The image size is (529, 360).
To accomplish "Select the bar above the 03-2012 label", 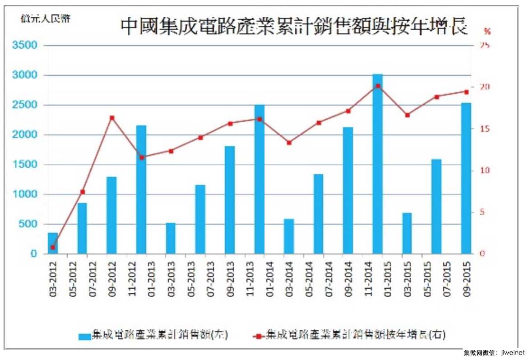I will pyautogui.click(x=53, y=243).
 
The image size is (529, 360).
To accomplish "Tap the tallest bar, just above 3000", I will pyautogui.click(x=378, y=163).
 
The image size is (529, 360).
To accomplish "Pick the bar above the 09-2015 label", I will pyautogui.click(x=466, y=178).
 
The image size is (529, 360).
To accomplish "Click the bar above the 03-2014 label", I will pyautogui.click(x=289, y=236).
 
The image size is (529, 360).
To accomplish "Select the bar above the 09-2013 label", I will pyautogui.click(x=230, y=200).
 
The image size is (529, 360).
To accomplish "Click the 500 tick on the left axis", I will pyautogui.click(x=31, y=224).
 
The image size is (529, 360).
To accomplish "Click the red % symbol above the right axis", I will pyautogui.click(x=487, y=31).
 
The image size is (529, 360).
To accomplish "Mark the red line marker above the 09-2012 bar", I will pyautogui.click(x=112, y=118).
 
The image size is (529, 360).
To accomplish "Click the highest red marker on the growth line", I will pyautogui.click(x=378, y=86).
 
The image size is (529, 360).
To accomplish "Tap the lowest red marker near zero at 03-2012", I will pyautogui.click(x=53, y=247).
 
